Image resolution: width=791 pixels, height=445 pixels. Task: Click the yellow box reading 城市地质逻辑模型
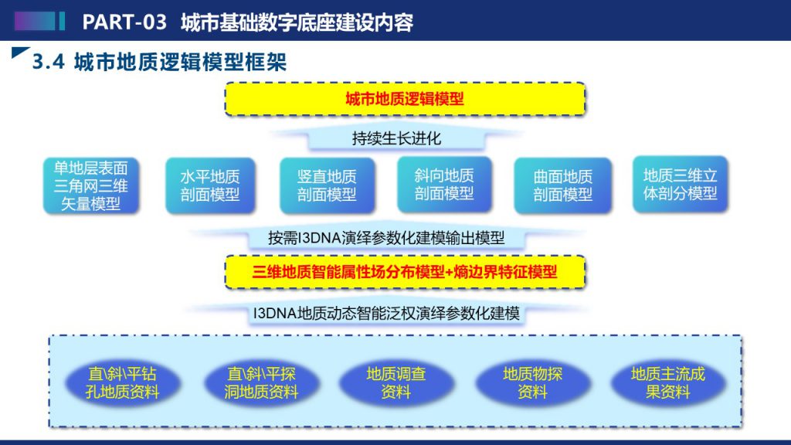405,99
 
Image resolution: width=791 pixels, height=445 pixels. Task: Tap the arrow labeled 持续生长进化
396,138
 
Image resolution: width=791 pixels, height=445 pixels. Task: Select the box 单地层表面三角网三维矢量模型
91,185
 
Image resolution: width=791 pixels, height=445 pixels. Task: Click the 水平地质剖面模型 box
210,185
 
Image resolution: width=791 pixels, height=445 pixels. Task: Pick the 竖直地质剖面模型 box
327,185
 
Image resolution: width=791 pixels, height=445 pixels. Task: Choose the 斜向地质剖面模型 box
444,184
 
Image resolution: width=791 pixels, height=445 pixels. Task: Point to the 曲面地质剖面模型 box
562,185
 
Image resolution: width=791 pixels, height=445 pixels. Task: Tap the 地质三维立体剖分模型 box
680,184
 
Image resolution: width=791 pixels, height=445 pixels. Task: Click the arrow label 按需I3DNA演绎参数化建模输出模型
386,238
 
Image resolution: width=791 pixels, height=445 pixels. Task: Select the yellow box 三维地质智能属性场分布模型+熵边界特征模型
405,273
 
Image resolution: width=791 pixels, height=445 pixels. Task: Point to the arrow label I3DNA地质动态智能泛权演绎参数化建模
386,314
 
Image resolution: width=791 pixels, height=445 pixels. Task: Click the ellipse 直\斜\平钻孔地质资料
122,383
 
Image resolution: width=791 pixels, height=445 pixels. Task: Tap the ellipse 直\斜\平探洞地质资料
261,383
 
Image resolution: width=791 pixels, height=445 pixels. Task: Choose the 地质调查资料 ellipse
396,383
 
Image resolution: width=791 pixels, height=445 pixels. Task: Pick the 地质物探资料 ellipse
532,383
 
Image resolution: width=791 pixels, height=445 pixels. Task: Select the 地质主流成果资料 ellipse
668,383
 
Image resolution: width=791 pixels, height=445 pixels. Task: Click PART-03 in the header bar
124,22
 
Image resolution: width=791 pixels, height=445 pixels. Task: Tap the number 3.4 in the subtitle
49,62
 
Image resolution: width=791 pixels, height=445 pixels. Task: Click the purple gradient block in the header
35,21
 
